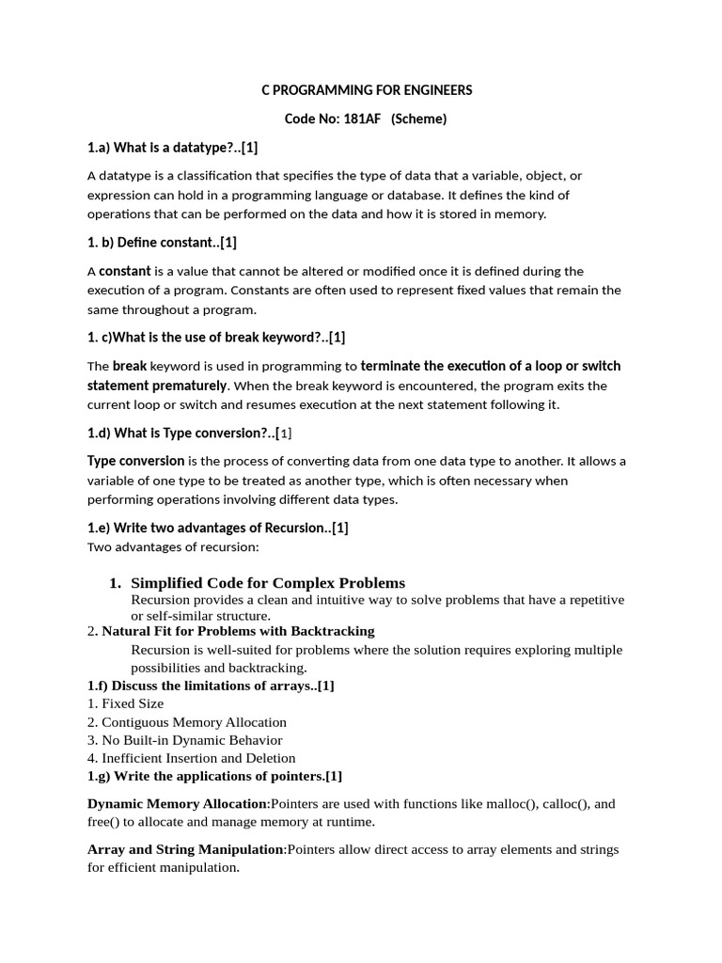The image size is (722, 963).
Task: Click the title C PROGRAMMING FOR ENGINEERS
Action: tap(367, 90)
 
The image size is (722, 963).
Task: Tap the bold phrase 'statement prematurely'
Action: tap(157, 386)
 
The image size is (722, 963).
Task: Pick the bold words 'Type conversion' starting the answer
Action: tap(135, 461)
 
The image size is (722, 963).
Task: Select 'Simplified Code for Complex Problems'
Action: tap(268, 583)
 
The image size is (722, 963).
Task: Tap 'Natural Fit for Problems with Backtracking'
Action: tap(238, 631)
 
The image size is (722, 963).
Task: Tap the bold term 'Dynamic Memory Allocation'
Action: tap(178, 804)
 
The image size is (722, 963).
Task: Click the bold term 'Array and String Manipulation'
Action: tap(185, 849)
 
